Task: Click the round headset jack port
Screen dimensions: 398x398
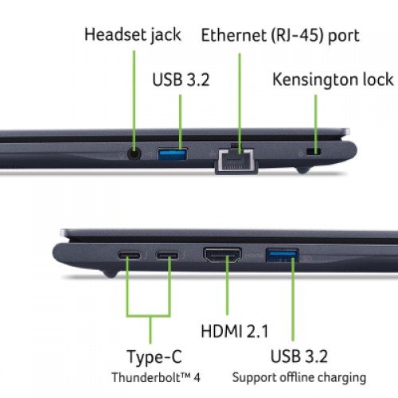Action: coord(134,154)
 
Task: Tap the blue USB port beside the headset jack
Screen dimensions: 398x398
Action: coord(173,154)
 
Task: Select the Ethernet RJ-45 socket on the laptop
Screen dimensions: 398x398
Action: coord(236,160)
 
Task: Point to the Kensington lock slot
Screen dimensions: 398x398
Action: coord(314,152)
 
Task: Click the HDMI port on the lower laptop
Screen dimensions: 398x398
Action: coord(222,255)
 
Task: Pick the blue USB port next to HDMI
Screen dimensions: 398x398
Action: coord(283,256)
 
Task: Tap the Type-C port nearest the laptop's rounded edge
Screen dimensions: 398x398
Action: coord(129,256)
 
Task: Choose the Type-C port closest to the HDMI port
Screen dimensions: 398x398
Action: coord(167,256)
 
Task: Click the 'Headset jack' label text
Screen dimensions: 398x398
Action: coord(133,35)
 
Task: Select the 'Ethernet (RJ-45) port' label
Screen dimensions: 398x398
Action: coord(280,35)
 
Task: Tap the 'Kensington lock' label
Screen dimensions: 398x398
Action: coord(333,80)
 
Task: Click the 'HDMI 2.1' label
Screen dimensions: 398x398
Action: coord(235,331)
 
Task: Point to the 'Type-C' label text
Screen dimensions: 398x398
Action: coord(154,357)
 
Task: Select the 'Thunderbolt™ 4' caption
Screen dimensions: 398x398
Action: coord(156,377)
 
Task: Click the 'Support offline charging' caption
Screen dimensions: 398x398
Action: coord(299,378)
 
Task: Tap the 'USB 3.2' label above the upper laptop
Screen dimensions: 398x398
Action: coord(181,80)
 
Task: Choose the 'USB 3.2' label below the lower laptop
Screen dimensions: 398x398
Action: coord(299,356)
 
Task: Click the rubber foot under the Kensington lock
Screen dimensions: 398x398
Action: coord(303,170)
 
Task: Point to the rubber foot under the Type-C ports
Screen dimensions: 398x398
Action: coord(109,274)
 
